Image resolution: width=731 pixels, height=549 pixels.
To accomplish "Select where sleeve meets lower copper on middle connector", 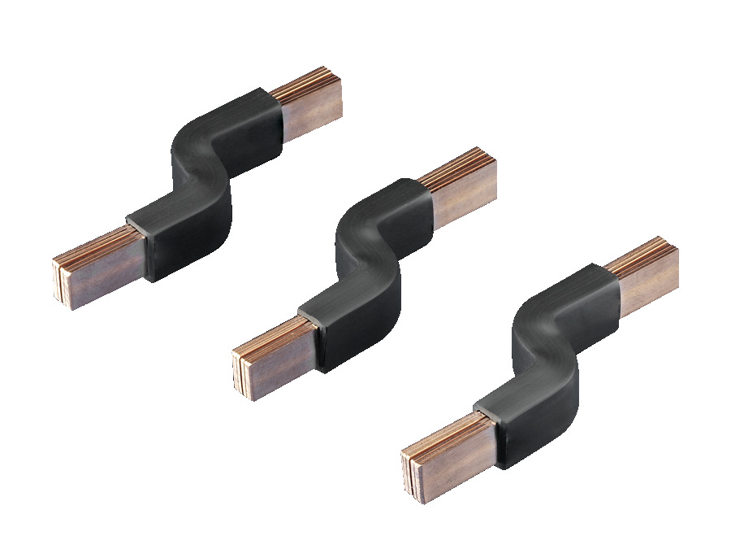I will tap(313, 333).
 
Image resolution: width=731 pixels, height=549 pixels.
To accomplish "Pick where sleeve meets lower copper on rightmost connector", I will tap(487, 431).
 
